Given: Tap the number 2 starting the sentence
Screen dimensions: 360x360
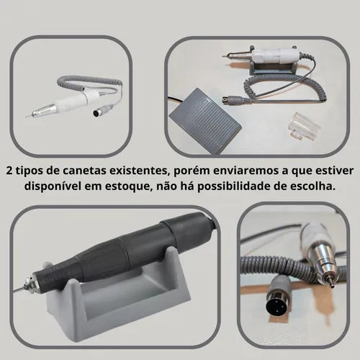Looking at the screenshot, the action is (x=9, y=171).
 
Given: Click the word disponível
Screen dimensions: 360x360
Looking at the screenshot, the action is (x=52, y=186).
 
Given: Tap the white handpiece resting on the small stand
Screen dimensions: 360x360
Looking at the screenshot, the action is (x=261, y=55).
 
